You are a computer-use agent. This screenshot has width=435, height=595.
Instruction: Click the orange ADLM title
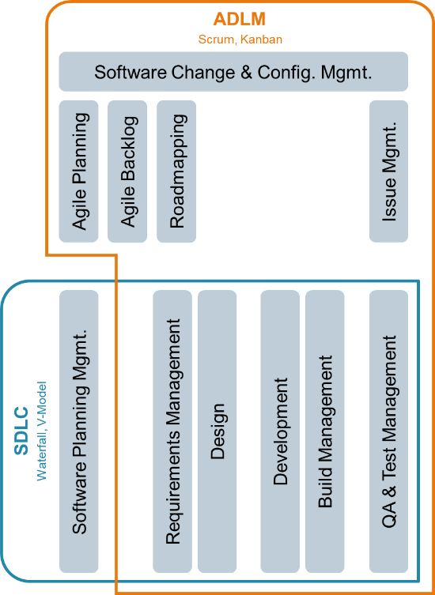tap(239, 19)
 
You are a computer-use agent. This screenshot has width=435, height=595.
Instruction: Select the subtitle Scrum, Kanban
tap(240, 40)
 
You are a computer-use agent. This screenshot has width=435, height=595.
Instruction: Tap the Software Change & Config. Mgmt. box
tap(233, 72)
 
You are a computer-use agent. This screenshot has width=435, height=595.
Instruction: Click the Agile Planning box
tap(78, 171)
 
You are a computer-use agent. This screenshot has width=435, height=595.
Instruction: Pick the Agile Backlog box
tap(127, 171)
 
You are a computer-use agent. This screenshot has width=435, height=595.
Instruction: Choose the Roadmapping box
tap(176, 171)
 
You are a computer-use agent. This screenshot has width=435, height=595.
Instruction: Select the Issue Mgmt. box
tap(388, 171)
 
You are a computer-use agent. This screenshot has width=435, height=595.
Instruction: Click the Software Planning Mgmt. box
tap(78, 431)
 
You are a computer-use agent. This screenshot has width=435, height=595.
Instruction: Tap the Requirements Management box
tap(172, 431)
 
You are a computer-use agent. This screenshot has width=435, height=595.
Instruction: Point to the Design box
tap(217, 431)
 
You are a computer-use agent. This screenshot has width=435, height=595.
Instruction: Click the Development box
tap(280, 431)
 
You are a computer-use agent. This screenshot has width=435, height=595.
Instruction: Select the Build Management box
tap(325, 431)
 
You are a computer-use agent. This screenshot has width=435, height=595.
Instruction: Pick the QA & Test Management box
tap(388, 431)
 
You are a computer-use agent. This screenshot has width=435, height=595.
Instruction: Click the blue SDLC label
tap(21, 431)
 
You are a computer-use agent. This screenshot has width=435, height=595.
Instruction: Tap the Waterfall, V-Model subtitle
tap(41, 431)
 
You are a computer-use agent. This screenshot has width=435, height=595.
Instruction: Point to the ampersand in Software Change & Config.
tap(247, 72)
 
